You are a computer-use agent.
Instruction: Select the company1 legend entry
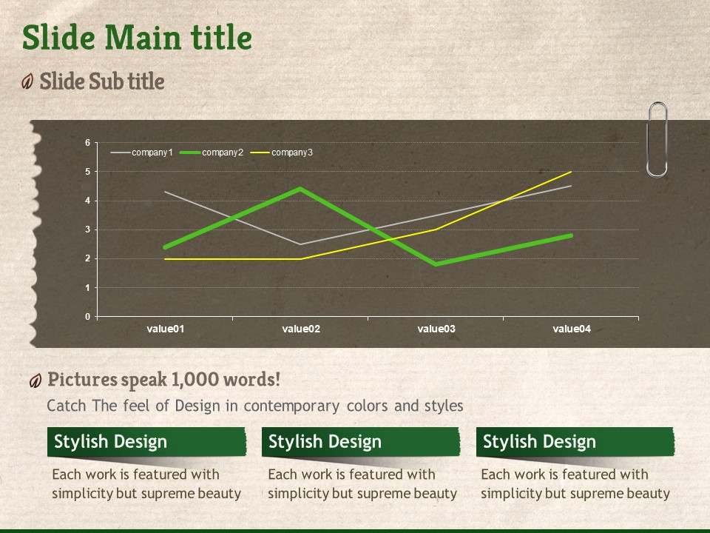tap(142, 152)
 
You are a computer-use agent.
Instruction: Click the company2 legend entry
tap(212, 152)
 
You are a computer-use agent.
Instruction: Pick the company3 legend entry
tap(281, 152)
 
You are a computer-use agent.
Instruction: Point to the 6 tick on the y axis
tap(88, 143)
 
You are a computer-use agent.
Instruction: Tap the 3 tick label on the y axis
tap(88, 229)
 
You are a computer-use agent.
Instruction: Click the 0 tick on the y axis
tap(88, 317)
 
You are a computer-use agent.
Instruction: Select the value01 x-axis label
tap(165, 329)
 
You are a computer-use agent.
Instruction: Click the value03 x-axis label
tap(436, 329)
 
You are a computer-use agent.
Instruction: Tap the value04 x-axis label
tap(572, 329)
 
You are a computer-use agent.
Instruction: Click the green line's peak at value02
tap(301, 189)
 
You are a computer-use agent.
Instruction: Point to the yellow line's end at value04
tap(571, 172)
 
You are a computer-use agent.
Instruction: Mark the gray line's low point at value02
tap(301, 244)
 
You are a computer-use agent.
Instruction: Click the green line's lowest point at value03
tap(436, 264)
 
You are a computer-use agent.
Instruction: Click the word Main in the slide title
tap(143, 37)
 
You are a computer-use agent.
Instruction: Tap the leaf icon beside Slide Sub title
tap(27, 81)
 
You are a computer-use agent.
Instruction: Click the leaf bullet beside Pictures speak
tap(35, 381)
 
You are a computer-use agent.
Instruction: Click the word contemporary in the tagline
tap(291, 406)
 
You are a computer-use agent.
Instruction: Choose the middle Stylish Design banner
tap(361, 442)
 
